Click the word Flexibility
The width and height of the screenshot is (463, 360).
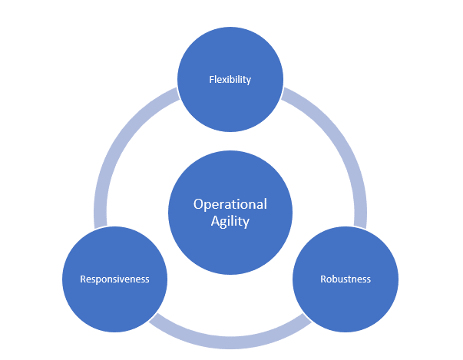[230, 79]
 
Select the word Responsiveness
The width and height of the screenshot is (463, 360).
[114, 279]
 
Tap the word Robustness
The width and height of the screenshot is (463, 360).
[346, 279]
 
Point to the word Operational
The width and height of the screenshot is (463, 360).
[230, 204]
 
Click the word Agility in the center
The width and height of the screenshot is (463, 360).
[230, 221]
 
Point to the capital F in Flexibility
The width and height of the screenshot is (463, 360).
[212, 79]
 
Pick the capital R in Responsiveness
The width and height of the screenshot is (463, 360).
[83, 279]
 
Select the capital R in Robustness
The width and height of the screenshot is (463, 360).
[323, 279]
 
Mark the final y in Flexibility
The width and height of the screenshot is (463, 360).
[249, 80]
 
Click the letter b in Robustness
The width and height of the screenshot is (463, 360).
[336, 279]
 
